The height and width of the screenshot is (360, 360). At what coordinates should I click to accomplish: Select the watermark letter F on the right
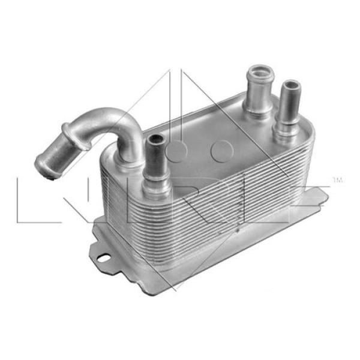312,198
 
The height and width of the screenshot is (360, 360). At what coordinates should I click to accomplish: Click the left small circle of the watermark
177,148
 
